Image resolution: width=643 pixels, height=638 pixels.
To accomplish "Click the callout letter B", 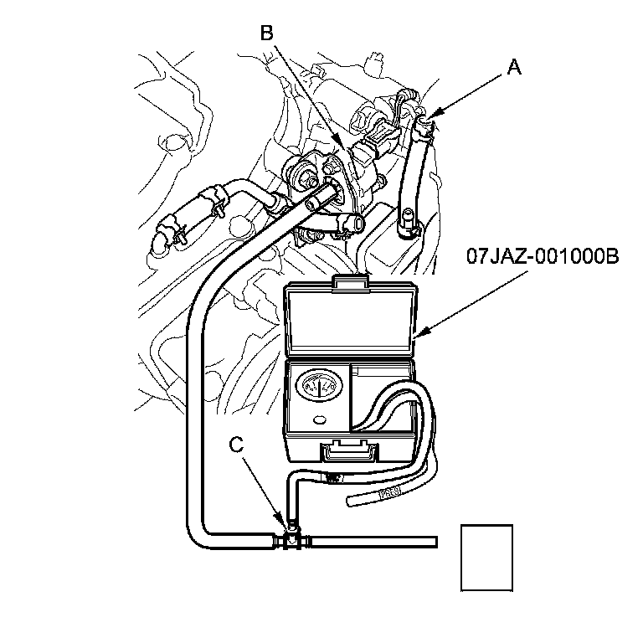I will [266, 33].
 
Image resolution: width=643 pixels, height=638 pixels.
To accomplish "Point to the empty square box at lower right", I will [487, 557].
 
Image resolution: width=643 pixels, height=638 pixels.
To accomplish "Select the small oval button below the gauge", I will [318, 419].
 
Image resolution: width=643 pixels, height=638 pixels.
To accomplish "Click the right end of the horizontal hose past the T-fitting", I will [434, 542].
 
